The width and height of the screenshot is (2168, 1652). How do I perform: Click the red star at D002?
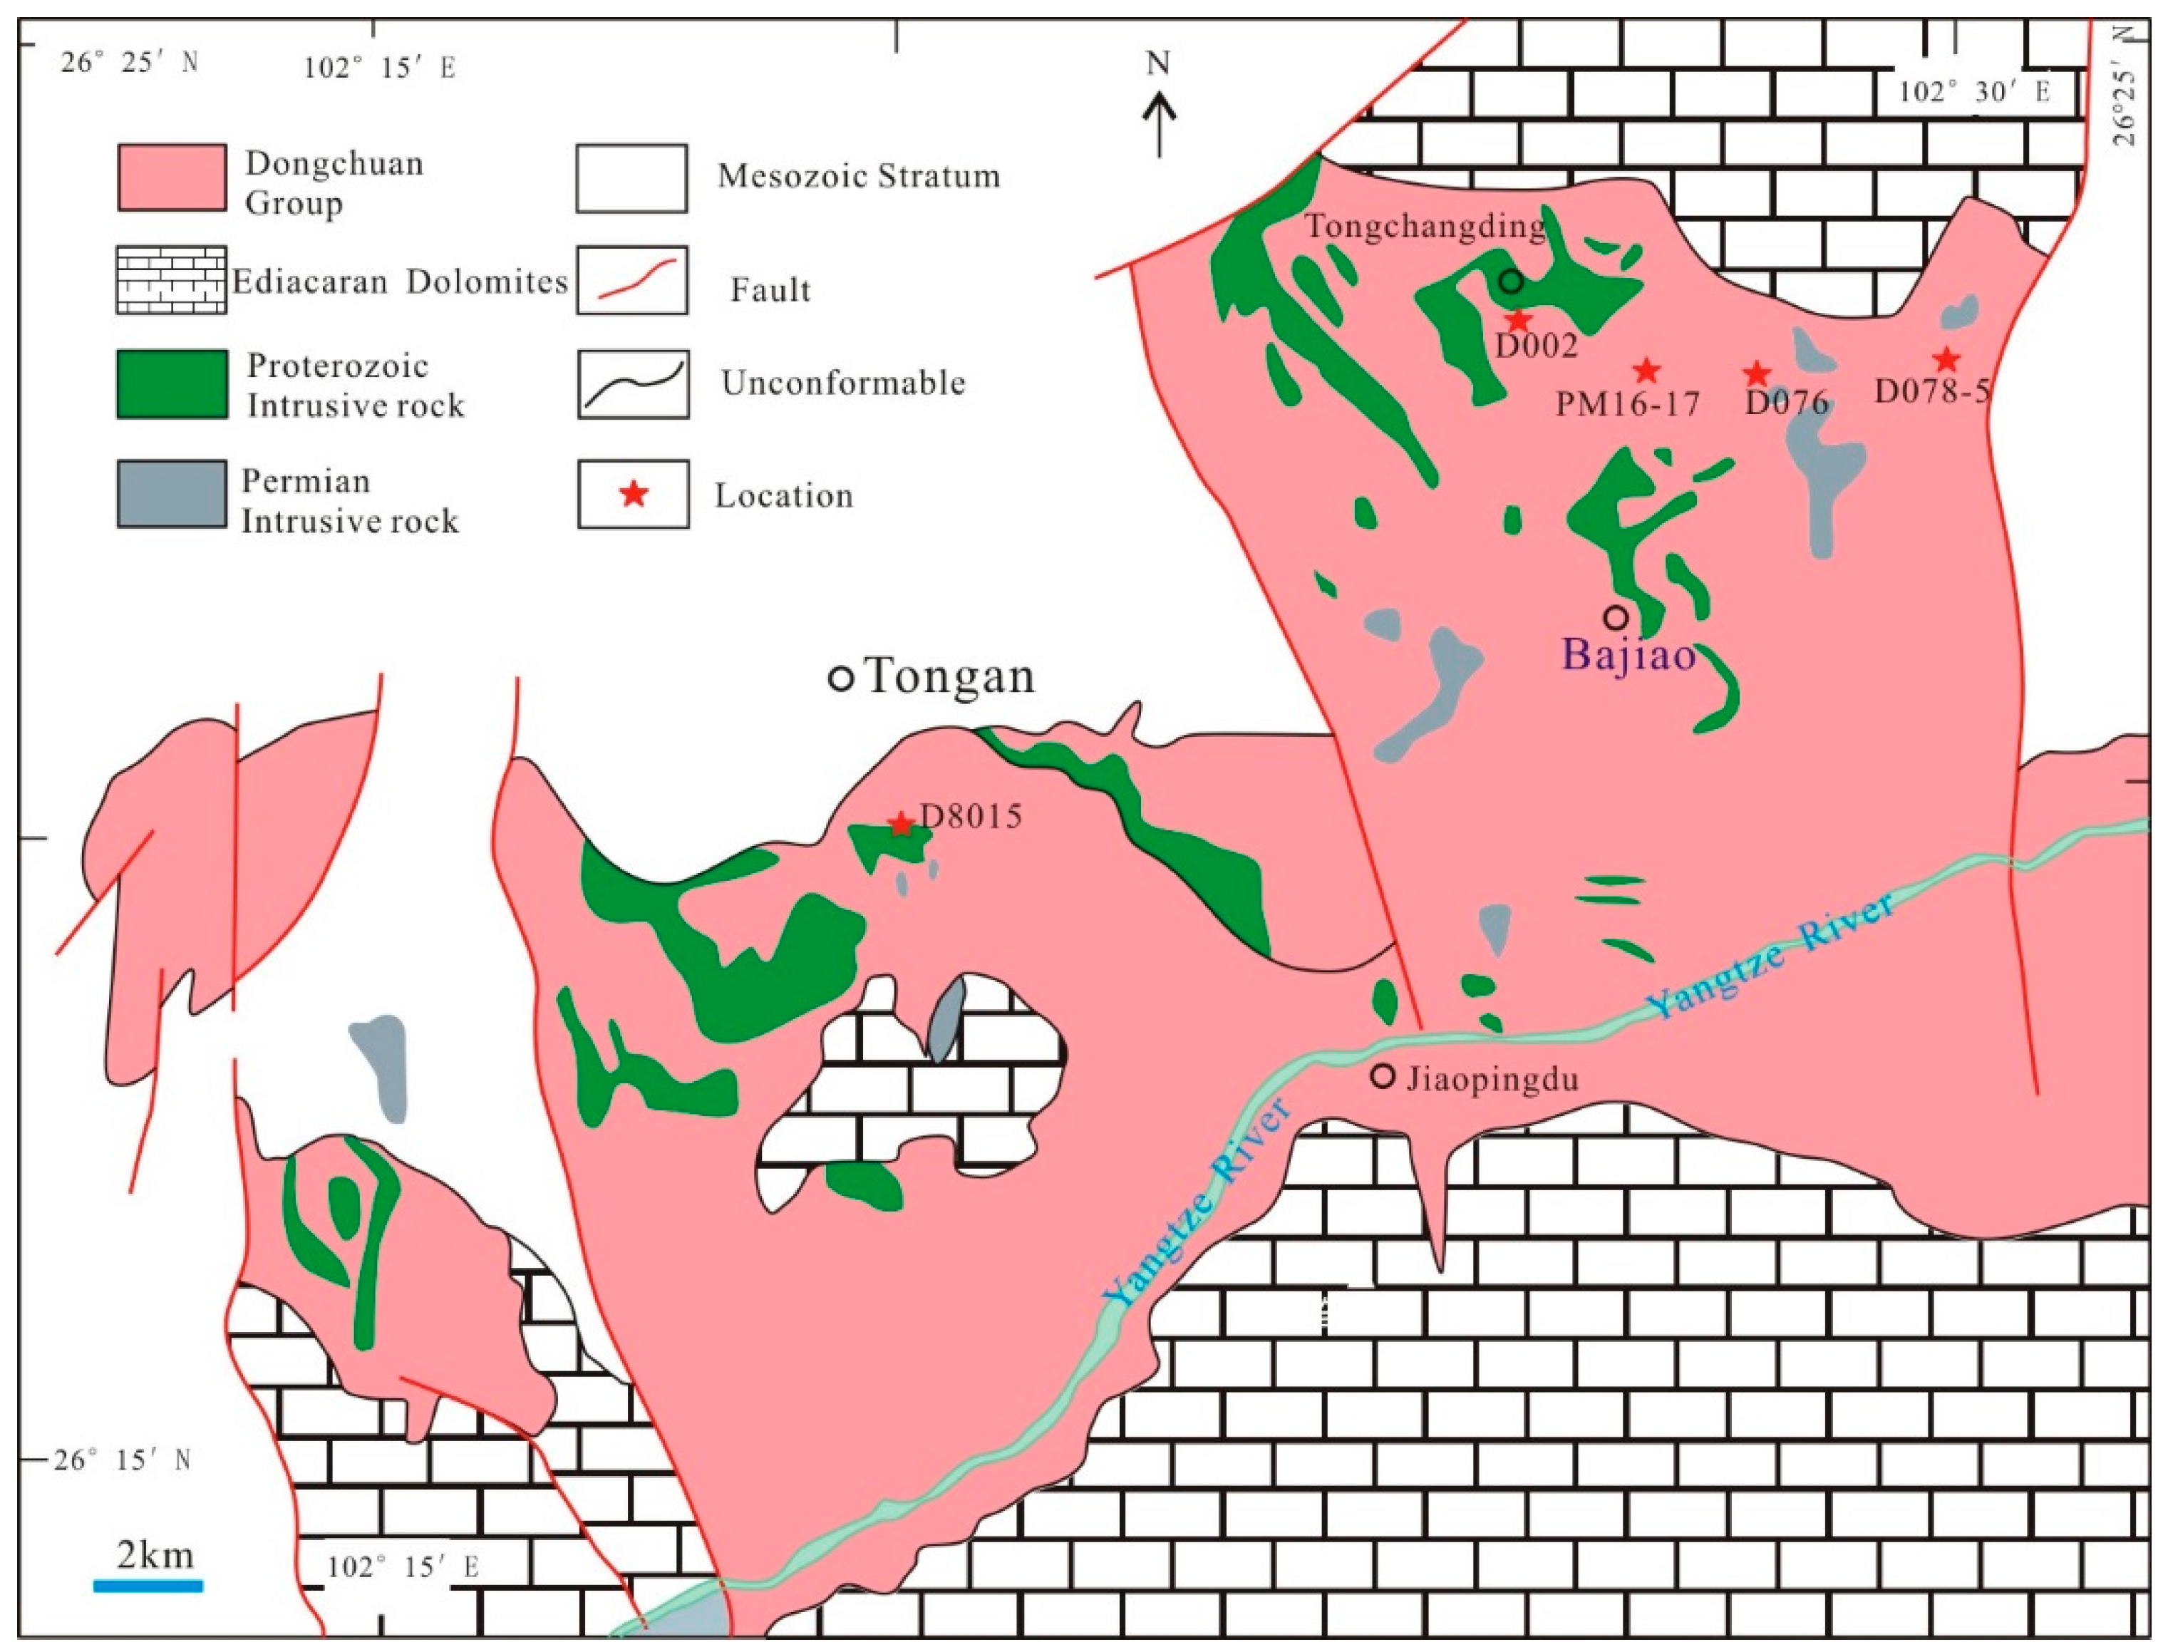pos(1518,319)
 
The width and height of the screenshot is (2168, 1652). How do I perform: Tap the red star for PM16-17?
pos(1647,371)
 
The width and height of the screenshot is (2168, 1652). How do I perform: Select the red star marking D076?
pos(1757,373)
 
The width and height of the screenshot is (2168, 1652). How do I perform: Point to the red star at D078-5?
pos(1946,359)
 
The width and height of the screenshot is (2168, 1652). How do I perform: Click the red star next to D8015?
pos(899,823)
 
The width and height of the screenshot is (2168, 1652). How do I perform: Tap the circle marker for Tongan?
pos(841,678)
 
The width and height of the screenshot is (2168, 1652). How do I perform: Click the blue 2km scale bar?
pos(148,1585)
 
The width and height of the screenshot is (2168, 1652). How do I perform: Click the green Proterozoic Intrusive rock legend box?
pos(172,384)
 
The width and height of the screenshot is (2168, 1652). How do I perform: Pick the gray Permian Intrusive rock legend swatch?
pos(172,495)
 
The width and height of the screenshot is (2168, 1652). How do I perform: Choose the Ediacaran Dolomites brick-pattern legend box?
pos(172,280)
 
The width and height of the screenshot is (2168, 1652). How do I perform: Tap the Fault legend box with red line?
pos(632,280)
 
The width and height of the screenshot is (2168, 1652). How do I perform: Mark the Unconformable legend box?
pos(632,384)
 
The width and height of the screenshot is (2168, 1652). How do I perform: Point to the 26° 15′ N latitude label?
pos(123,1460)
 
